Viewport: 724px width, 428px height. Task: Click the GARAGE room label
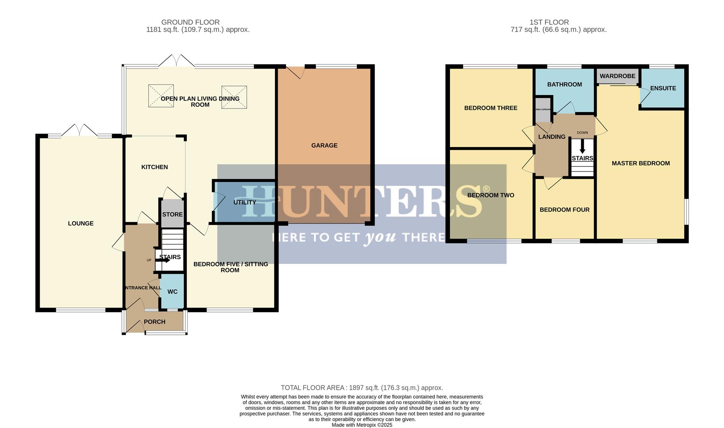(x=324, y=145)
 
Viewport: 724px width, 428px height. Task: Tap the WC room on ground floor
(x=172, y=292)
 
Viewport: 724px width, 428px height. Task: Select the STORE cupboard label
(x=172, y=214)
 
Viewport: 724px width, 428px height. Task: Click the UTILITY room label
(x=244, y=202)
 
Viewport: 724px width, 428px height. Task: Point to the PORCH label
(x=154, y=322)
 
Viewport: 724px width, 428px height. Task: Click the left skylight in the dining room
(x=161, y=96)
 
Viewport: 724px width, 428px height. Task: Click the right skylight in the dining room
(x=234, y=97)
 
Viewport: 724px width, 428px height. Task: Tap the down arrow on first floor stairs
(x=582, y=147)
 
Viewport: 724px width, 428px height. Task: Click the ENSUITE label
(x=663, y=88)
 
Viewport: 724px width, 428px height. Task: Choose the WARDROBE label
(x=617, y=76)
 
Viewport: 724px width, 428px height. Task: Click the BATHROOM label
(x=564, y=84)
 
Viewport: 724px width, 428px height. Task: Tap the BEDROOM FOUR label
(x=564, y=210)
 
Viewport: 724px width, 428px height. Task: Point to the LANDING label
(x=551, y=137)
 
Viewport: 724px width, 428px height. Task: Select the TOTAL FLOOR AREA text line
(x=362, y=388)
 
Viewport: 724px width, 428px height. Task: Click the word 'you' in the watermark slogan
(x=380, y=237)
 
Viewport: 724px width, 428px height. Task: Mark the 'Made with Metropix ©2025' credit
(x=362, y=425)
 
